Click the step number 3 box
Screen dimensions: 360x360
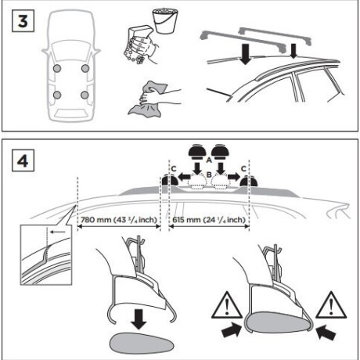click(23, 20)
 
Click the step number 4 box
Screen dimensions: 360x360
click(23, 160)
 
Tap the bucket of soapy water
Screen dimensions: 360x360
click(165, 21)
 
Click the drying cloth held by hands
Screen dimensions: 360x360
click(147, 100)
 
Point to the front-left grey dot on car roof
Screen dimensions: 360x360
click(57, 69)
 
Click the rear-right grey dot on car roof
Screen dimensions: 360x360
click(85, 95)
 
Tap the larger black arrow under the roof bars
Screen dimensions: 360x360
click(245, 54)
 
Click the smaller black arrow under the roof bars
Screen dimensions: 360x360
click(293, 51)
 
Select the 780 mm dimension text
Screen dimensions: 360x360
click(119, 220)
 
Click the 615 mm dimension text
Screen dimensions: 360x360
click(209, 220)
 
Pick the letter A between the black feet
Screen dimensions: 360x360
click(209, 160)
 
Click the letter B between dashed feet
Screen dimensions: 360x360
click(209, 175)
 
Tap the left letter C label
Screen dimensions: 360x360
click(174, 169)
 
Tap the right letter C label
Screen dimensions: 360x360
click(243, 169)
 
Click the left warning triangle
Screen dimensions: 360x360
click(227, 306)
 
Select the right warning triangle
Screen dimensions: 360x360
click(331, 306)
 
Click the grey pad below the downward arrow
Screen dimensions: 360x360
click(142, 342)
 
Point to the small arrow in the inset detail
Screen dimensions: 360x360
click(57, 232)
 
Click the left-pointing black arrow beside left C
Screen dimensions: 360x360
click(184, 177)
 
